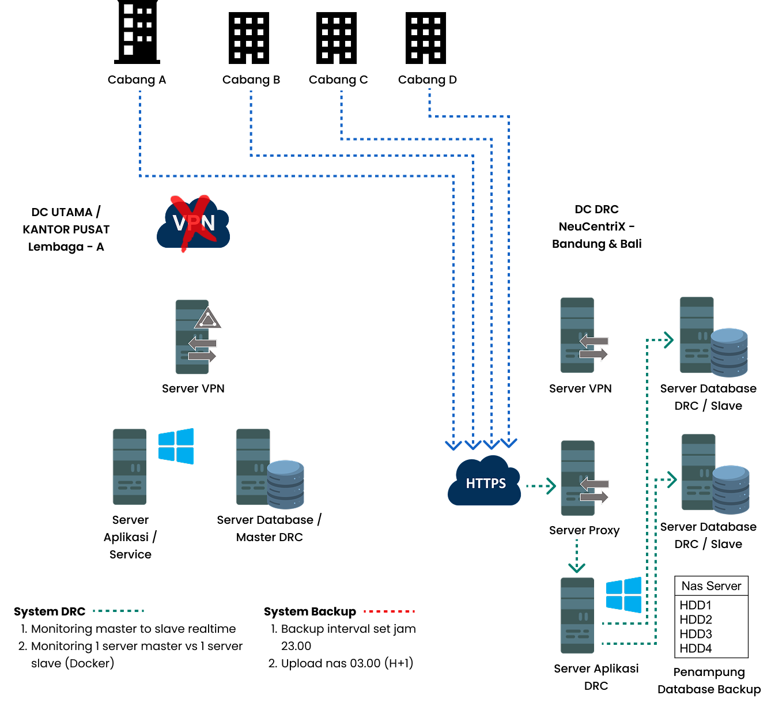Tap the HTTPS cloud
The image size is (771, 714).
pos(485,483)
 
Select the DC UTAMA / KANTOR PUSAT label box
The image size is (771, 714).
pos(66,229)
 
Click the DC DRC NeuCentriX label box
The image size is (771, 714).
pos(596,226)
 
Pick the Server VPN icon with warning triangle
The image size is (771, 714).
pos(196,337)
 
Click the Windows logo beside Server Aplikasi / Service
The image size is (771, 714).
pos(176,446)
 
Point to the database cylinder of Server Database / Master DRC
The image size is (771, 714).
pos(285,484)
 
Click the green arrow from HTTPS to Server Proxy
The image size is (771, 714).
pos(541,486)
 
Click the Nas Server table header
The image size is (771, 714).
pos(711,586)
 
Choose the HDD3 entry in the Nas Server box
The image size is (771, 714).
pos(696,634)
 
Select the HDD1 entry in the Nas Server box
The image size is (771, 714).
pos(696,605)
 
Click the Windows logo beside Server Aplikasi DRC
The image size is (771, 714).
pos(623,595)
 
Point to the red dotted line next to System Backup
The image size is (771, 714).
pos(390,611)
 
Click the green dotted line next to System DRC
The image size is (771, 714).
pos(118,611)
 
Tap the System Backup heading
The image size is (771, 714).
pos(310,611)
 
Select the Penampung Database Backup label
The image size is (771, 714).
pos(709,681)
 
